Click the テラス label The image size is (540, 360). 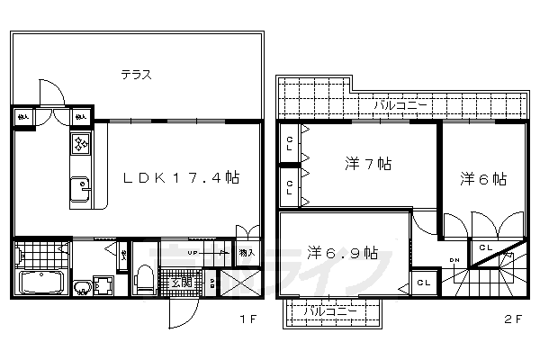(x=136, y=76)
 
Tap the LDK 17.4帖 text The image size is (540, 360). (x=181, y=178)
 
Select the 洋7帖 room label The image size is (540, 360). (x=368, y=165)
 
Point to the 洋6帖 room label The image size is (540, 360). (x=482, y=178)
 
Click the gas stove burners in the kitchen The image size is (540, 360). (x=79, y=144)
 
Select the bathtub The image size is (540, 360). (x=40, y=283)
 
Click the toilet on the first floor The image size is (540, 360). (x=142, y=279)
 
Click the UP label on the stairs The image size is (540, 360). (x=192, y=254)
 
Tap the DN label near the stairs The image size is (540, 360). (x=454, y=261)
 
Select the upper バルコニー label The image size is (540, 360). (x=400, y=103)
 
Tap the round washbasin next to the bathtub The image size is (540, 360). (x=82, y=288)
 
